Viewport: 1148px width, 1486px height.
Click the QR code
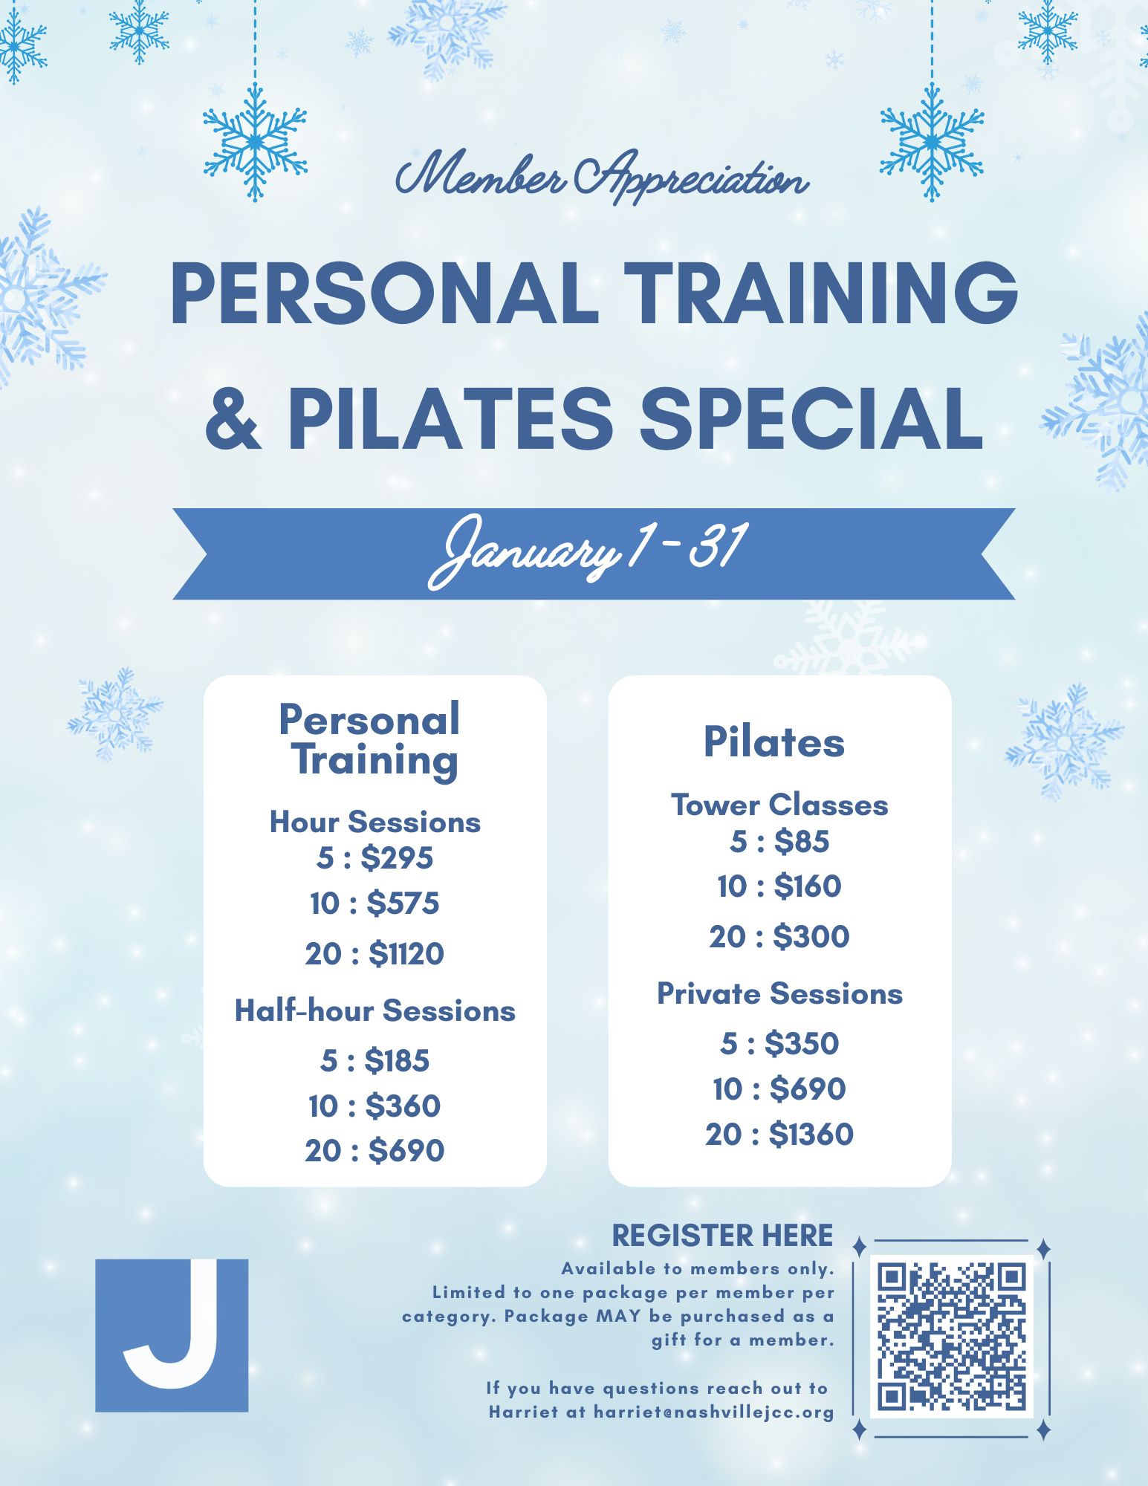951,1336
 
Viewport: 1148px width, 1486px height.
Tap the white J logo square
172,1335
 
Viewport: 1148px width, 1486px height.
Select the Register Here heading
722,1236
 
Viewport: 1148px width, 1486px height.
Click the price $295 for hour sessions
397,858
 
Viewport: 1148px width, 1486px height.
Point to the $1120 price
406,953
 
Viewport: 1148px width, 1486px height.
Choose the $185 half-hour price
397,1061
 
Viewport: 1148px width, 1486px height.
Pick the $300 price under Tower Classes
811,937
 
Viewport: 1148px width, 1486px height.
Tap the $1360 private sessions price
811,1135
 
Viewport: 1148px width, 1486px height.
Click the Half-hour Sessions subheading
375,1011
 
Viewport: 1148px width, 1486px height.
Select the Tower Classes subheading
779,805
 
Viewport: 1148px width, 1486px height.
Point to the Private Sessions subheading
779,994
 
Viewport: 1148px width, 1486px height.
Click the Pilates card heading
774,742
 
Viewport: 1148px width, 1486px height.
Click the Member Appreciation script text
602,178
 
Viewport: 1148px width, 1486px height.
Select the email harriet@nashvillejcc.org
713,1412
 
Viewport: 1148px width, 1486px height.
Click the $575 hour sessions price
403,903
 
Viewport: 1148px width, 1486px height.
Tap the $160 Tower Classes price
807,886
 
